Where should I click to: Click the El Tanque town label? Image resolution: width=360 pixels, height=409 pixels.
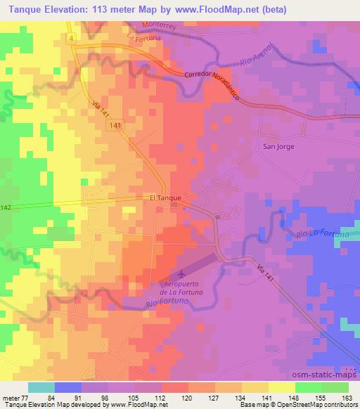[166, 198]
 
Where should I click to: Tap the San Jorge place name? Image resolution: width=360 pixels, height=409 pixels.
[278, 147]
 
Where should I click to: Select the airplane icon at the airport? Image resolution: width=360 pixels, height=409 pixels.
[181, 272]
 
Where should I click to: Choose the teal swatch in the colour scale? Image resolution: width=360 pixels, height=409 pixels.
[41, 387]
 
